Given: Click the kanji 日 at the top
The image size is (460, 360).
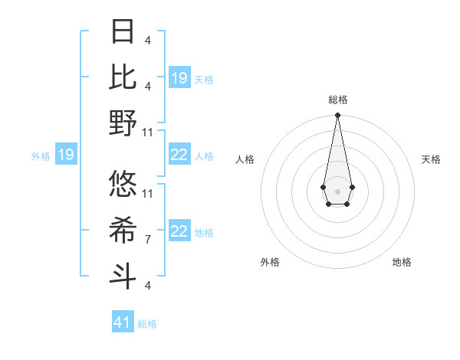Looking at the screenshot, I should tap(123, 31).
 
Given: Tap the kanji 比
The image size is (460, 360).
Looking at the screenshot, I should tap(123, 77).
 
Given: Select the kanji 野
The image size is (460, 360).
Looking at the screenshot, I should tap(123, 123).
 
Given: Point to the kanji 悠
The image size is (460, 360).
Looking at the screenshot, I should tap(123, 184).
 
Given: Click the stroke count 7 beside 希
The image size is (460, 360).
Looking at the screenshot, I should tap(148, 240).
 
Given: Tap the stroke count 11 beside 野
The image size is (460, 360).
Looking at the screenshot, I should tap(149, 132).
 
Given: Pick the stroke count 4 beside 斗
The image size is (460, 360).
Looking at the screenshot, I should tap(148, 286).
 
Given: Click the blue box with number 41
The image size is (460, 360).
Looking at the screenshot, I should tap(123, 322).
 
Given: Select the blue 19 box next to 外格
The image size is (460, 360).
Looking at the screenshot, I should tap(65, 155).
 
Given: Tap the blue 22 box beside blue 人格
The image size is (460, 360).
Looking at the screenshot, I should tap(179, 155).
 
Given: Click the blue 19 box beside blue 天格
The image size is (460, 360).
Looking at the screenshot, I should tap(179, 78).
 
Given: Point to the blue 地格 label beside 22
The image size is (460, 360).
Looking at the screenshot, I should tap(204, 233).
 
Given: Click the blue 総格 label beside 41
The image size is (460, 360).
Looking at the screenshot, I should tap(147, 324).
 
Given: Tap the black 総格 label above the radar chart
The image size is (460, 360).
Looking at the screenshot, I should tap(337, 100).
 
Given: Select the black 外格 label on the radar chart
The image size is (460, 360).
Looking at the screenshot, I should tap(270, 262).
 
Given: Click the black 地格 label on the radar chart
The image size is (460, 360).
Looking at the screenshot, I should tap(402, 262).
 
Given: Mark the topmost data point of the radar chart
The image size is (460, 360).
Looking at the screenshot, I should tap(337, 116).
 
